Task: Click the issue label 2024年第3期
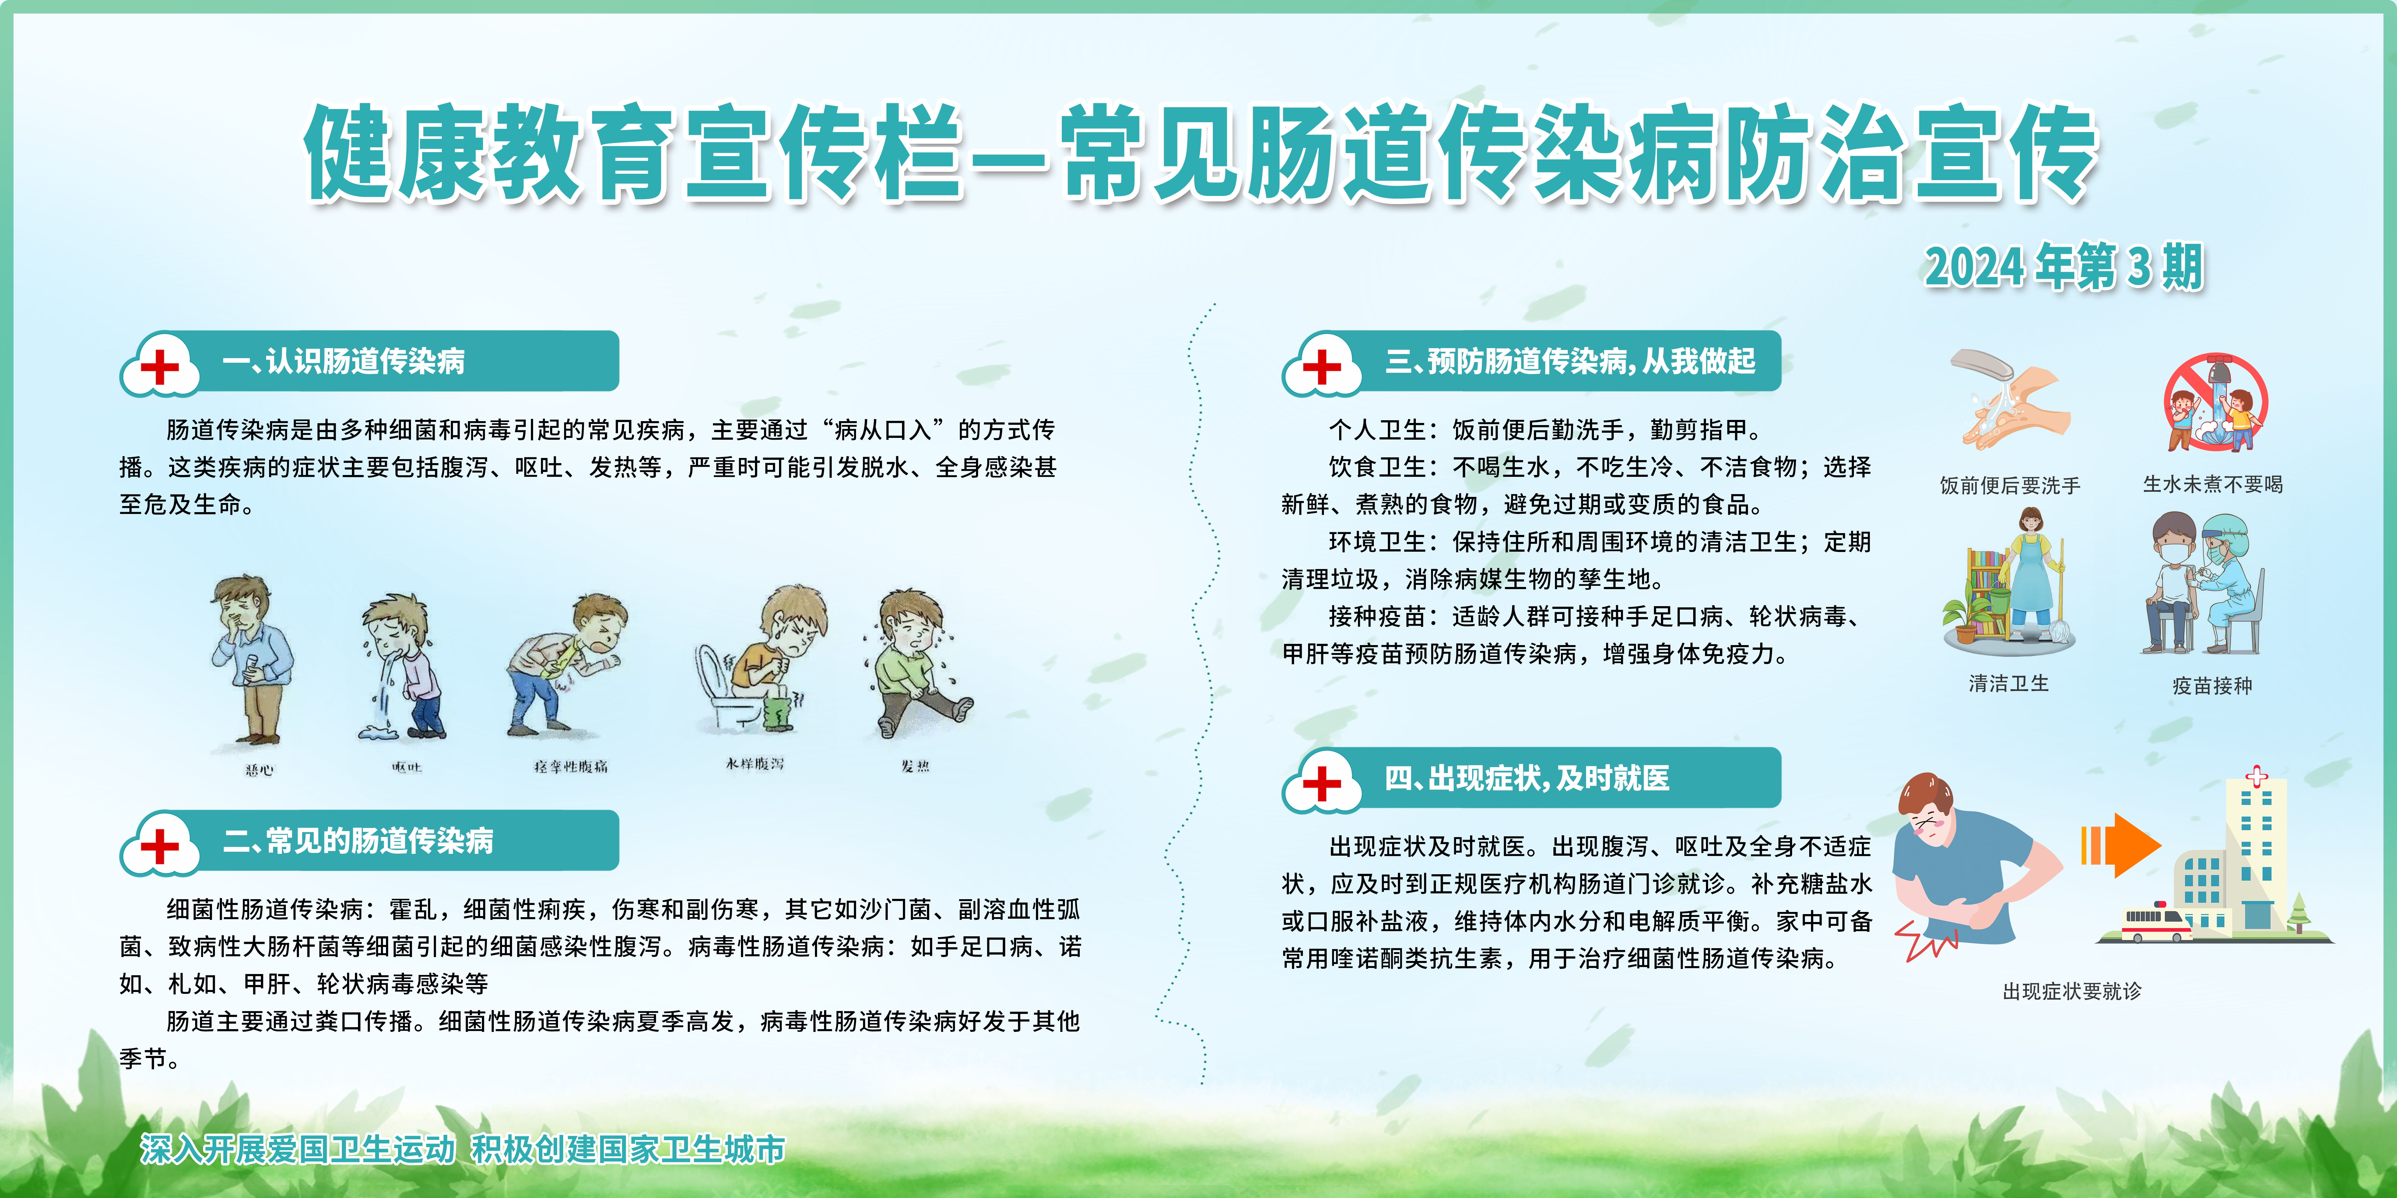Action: pyautogui.click(x=2064, y=267)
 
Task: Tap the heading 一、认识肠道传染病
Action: pyautogui.click(x=343, y=361)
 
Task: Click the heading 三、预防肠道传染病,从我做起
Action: pyautogui.click(x=1570, y=361)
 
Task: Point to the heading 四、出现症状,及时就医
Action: pyautogui.click(x=1526, y=777)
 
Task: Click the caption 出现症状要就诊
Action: pyautogui.click(x=2072, y=991)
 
